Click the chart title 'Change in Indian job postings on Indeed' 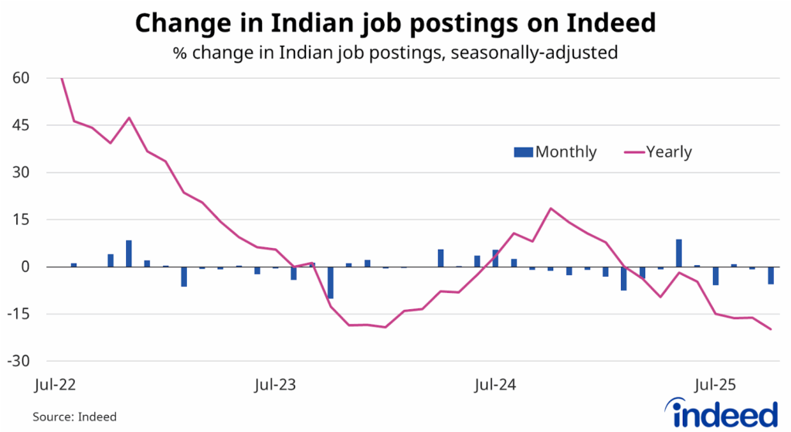(x=395, y=23)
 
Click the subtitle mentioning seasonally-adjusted (x=395, y=54)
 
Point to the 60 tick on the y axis (x=21, y=78)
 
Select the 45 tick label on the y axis (x=21, y=125)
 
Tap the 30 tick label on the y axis (x=21, y=172)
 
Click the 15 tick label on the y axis (x=21, y=219)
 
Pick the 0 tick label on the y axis (x=25, y=267)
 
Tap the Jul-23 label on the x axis (x=276, y=383)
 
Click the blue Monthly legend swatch (x=523, y=152)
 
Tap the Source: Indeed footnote (x=74, y=417)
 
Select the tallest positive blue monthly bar (x=679, y=253)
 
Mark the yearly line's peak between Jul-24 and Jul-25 (x=551, y=209)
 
